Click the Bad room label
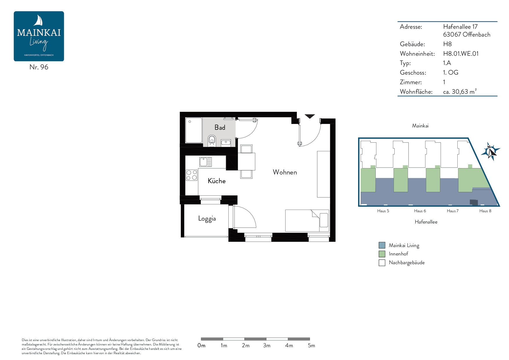(x=220, y=127)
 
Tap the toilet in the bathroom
(x=212, y=141)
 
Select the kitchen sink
(x=205, y=162)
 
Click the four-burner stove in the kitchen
(x=192, y=175)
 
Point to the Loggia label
(x=207, y=219)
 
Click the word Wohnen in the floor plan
(x=285, y=172)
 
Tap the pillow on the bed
(x=324, y=220)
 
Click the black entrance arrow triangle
(x=310, y=116)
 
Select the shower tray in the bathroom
(x=194, y=130)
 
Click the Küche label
(x=216, y=181)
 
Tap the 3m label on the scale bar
(x=267, y=345)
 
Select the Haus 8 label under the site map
(x=485, y=211)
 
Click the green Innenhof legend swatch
(x=382, y=254)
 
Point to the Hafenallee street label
(x=426, y=222)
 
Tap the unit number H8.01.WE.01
(x=461, y=54)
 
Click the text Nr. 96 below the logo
(x=39, y=67)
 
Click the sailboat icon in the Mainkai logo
(x=39, y=21)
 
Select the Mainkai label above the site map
(x=420, y=126)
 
